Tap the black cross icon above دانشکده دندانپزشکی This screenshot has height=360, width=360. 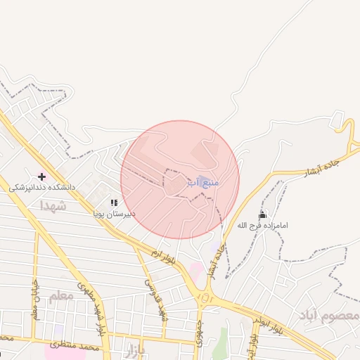[x=41, y=176]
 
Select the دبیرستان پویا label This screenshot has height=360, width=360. [x=115, y=212]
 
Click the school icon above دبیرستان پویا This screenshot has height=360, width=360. [x=114, y=202]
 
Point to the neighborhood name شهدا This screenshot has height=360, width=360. [x=53, y=206]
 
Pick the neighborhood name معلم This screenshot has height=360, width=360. [x=61, y=297]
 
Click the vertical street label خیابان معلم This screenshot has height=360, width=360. [x=34, y=298]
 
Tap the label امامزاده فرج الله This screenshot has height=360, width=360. [x=262, y=225]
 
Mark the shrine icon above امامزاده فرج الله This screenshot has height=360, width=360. [x=262, y=214]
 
